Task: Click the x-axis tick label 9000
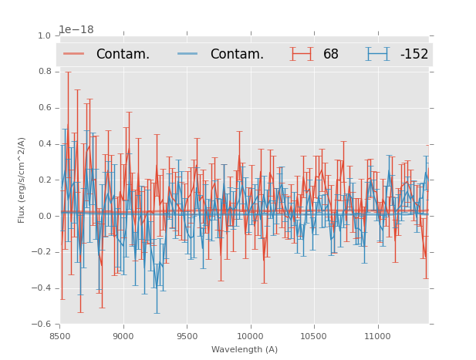(x=123, y=336)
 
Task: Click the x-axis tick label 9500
(x=187, y=336)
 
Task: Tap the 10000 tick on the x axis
(x=250, y=336)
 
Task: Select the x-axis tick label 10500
(x=313, y=336)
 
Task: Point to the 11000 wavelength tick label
(x=377, y=336)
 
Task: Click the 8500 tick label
(x=60, y=336)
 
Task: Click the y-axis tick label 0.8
(x=45, y=72)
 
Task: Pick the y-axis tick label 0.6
(x=45, y=108)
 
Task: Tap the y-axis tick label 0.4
(x=45, y=144)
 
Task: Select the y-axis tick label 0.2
(x=45, y=180)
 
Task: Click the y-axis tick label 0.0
(x=45, y=217)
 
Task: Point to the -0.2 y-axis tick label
(x=42, y=252)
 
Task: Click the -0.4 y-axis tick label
(x=42, y=288)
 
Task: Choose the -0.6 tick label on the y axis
(x=42, y=325)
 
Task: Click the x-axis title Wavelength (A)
(x=245, y=350)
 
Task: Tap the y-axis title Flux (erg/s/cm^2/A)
(x=22, y=180)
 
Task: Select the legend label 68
(x=331, y=54)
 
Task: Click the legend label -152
(x=414, y=54)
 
